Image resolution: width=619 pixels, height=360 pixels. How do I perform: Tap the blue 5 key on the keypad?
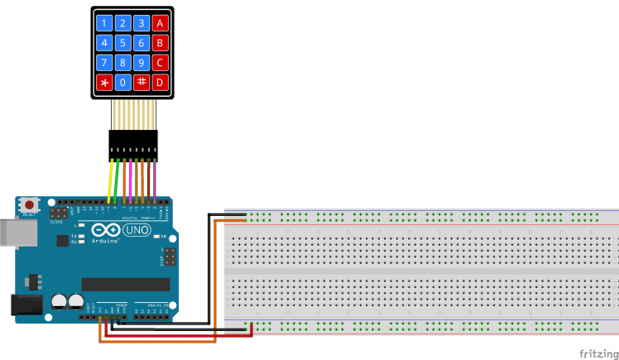(x=122, y=43)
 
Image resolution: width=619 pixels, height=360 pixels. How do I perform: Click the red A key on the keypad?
(x=161, y=23)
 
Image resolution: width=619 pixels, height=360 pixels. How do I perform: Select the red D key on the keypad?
(x=161, y=83)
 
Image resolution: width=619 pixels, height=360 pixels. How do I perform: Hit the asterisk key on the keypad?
(x=103, y=83)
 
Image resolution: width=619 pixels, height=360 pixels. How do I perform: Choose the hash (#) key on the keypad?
(x=141, y=83)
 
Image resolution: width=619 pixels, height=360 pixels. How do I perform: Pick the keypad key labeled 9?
(x=141, y=63)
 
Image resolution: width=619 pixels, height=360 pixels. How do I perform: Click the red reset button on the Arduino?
(x=31, y=204)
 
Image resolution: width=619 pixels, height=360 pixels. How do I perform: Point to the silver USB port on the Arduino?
(x=10, y=233)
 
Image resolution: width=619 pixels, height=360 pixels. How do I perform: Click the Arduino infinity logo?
(x=103, y=231)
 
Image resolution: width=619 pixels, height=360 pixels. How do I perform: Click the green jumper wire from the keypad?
(x=118, y=178)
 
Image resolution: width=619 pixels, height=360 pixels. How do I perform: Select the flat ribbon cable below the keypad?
(x=132, y=112)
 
